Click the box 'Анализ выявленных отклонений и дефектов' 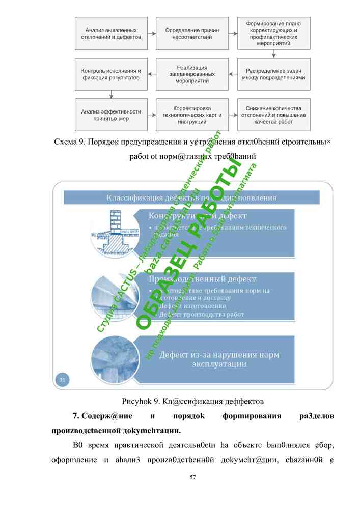[111, 34]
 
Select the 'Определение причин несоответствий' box [192, 34]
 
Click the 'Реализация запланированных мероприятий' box [192, 74]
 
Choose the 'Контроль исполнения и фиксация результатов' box [111, 74]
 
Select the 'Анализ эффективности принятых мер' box [111, 115]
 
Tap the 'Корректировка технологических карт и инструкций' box [192, 115]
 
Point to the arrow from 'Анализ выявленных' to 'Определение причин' [152, 34]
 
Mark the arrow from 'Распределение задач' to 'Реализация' [233, 74]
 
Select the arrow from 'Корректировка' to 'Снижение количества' [233, 115]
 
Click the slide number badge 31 [62, 379]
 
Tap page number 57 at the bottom [192, 477]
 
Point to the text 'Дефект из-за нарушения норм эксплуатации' [219, 359]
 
